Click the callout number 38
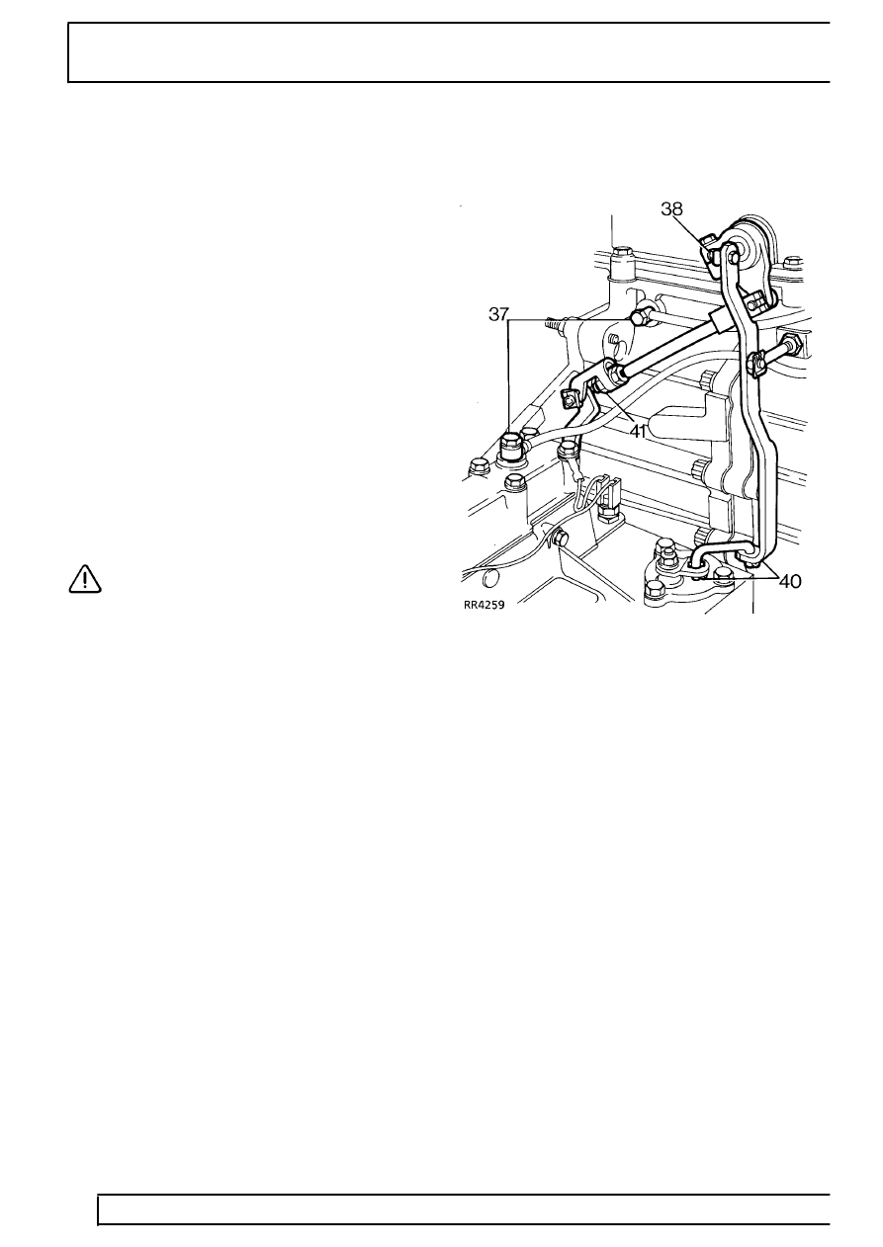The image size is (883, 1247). click(671, 208)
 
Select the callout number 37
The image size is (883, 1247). click(498, 314)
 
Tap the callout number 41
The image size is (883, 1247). click(638, 431)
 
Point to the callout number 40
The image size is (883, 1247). click(790, 582)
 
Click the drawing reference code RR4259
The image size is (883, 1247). click(485, 605)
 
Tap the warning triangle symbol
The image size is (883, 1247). click(85, 579)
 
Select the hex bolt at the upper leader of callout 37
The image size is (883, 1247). click(639, 317)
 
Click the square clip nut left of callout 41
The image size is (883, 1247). click(570, 399)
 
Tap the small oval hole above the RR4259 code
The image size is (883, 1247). click(489, 577)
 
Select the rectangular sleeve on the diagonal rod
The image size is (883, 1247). click(718, 321)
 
